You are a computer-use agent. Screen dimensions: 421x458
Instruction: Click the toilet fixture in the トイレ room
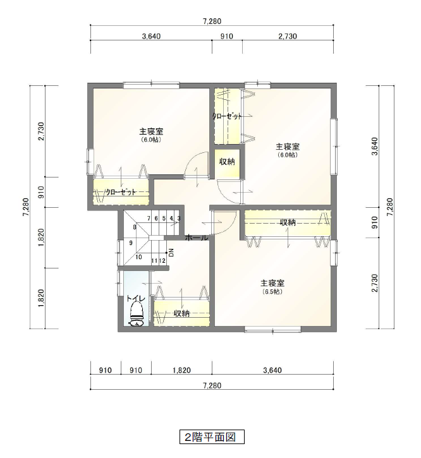point(137,315)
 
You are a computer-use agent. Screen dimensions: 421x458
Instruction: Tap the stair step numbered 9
point(131,243)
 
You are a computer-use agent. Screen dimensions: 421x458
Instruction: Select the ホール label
point(197,238)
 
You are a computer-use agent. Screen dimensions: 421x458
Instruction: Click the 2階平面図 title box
point(212,437)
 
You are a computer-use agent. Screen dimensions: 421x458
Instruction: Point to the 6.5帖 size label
point(272,291)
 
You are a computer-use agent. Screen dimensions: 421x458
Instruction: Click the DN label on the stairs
point(171,252)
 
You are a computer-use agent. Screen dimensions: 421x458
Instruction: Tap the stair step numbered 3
point(179,218)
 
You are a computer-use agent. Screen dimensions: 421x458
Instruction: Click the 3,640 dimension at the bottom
point(272,370)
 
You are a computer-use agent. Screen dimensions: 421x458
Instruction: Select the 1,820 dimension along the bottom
point(181,370)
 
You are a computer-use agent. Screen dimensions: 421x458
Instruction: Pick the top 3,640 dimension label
point(151,36)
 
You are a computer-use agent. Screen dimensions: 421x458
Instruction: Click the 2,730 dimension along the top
point(288,36)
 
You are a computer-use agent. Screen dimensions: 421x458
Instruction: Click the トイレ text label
point(136,299)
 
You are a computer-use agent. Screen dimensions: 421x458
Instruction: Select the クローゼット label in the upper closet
point(227,116)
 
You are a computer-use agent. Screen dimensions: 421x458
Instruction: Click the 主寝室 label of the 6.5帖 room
point(272,284)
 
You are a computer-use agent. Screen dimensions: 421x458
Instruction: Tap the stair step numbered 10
point(138,257)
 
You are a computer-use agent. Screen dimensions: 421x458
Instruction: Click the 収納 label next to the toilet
point(181,314)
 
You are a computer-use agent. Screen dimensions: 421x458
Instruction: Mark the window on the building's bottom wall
point(272,330)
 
